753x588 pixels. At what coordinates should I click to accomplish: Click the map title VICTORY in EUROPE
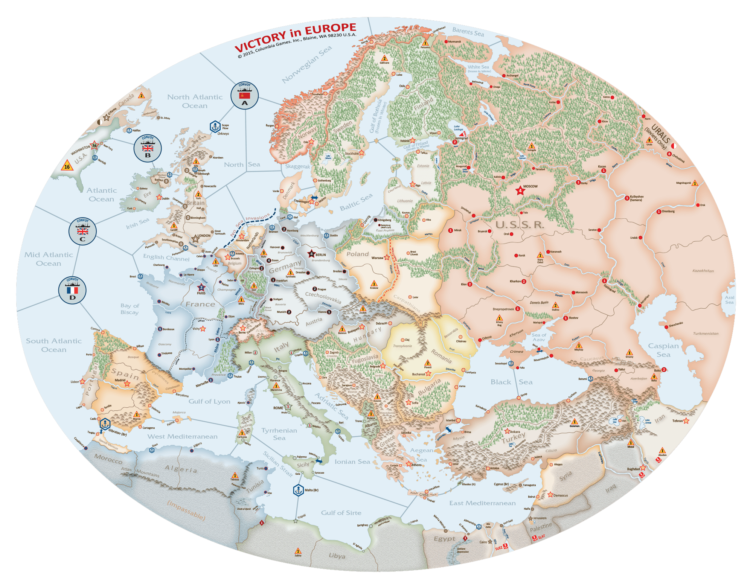(x=295, y=38)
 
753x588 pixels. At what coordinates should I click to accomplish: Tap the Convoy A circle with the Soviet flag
(x=245, y=96)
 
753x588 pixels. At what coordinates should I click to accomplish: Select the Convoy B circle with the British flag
(x=148, y=148)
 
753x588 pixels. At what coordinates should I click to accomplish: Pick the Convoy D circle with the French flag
(x=72, y=291)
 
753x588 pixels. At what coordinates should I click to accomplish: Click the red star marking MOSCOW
(x=520, y=190)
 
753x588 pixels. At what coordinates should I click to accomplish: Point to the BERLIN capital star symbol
(x=311, y=254)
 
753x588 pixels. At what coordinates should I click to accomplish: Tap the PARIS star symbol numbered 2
(x=201, y=288)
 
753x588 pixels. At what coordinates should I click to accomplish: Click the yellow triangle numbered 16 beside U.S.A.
(x=67, y=166)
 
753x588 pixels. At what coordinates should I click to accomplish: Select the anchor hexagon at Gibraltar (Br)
(x=104, y=423)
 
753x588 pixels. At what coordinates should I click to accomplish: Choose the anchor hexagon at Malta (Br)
(x=299, y=490)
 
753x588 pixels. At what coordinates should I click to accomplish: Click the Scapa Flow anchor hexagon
(x=215, y=127)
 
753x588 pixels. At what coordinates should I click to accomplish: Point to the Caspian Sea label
(x=663, y=350)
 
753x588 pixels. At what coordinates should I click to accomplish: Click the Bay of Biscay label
(x=130, y=309)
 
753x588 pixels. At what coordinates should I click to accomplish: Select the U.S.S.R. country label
(x=520, y=225)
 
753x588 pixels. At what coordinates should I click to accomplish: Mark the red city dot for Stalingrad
(x=604, y=281)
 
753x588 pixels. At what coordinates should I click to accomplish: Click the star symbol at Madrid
(x=127, y=384)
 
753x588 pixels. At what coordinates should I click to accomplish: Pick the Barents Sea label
(x=468, y=32)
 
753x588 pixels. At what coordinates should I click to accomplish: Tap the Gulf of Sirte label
(x=341, y=513)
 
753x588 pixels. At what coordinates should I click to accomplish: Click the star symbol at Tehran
(x=686, y=420)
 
